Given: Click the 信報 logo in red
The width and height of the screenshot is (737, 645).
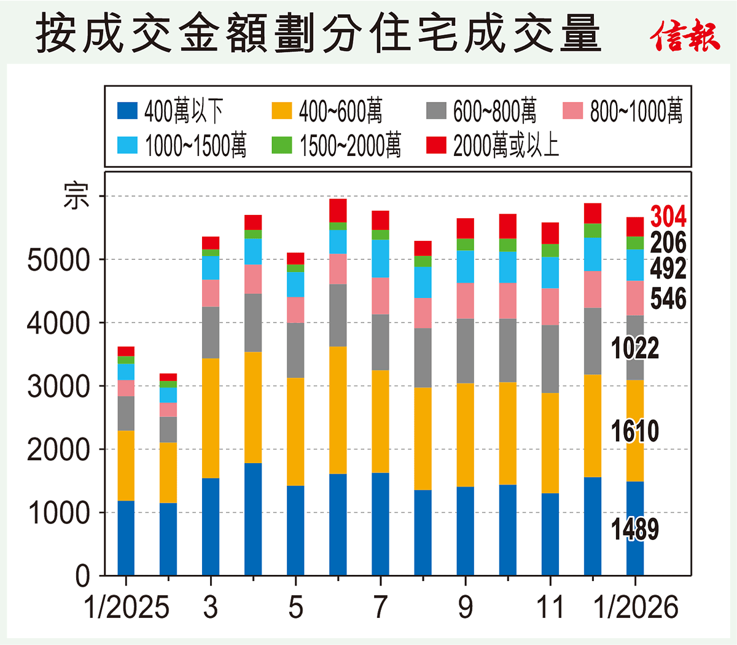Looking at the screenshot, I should click(685, 36).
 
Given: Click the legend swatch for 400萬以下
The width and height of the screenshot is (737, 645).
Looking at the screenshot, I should click(127, 111).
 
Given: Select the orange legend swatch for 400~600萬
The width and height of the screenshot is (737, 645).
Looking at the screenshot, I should click(282, 111).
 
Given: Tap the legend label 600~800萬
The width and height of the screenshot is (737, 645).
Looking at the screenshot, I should click(494, 111).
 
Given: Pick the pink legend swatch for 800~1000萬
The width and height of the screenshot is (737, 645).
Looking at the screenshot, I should click(572, 111).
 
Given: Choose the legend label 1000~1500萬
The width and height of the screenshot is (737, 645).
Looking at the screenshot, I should click(195, 146).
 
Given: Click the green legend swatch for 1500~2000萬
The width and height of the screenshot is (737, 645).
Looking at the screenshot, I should click(282, 146).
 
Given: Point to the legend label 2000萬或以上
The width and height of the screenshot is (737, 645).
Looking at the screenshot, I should click(506, 146).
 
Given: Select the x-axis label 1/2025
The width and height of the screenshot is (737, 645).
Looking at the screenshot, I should click(126, 608).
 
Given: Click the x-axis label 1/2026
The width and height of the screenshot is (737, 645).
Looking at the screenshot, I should click(636, 608).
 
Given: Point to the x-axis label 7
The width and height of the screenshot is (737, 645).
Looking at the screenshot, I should click(381, 608).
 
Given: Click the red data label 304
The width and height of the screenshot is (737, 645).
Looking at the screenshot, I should click(668, 217).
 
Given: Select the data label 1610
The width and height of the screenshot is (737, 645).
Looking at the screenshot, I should click(634, 431).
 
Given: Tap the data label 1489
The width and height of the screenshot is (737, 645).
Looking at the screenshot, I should click(634, 530).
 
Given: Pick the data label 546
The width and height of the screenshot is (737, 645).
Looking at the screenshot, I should click(668, 299).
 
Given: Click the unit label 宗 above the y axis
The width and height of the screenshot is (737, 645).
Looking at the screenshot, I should click(76, 197).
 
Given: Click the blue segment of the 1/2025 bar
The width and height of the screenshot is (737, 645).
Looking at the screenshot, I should click(126, 538).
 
